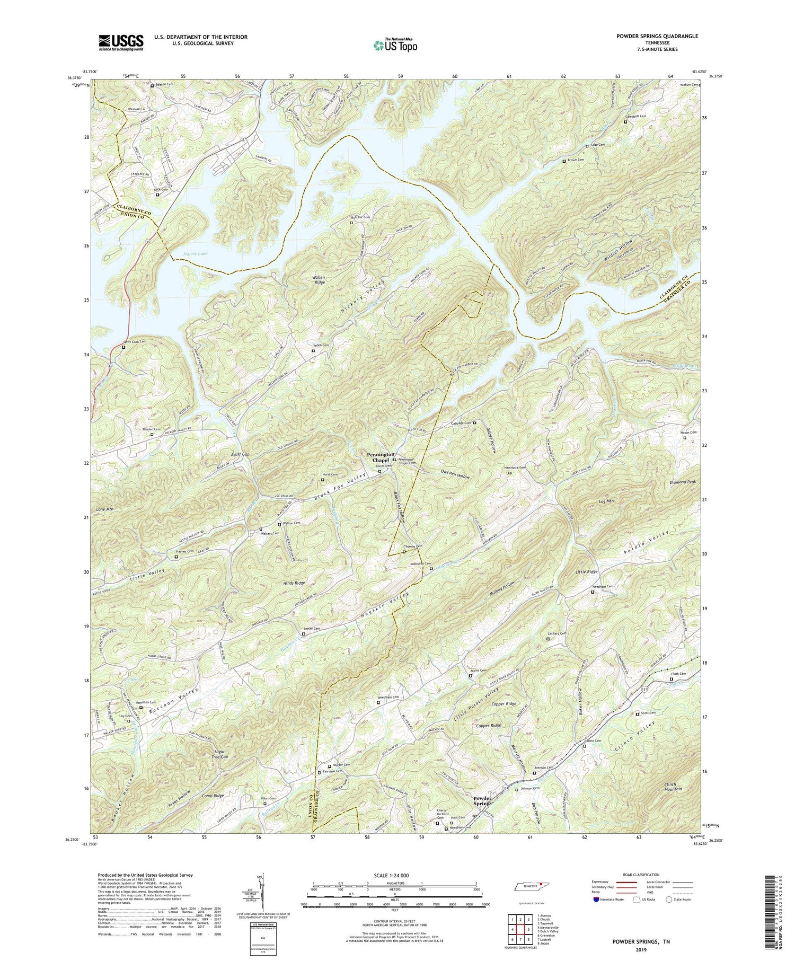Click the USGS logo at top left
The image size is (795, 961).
[x=120, y=42]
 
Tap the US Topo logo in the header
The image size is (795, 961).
[x=394, y=45]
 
